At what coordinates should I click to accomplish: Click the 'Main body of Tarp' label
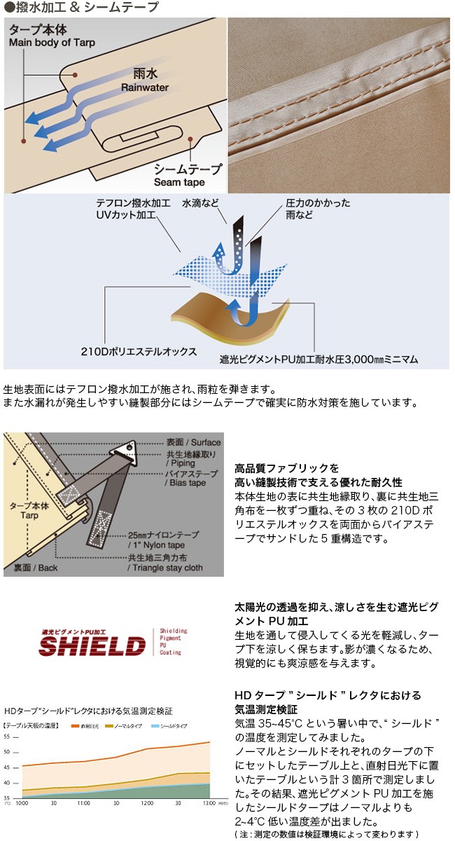tap(52, 43)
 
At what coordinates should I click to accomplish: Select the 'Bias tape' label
tap(185, 484)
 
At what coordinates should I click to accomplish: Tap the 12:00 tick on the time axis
tap(147, 803)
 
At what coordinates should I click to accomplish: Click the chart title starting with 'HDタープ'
tap(87, 711)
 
